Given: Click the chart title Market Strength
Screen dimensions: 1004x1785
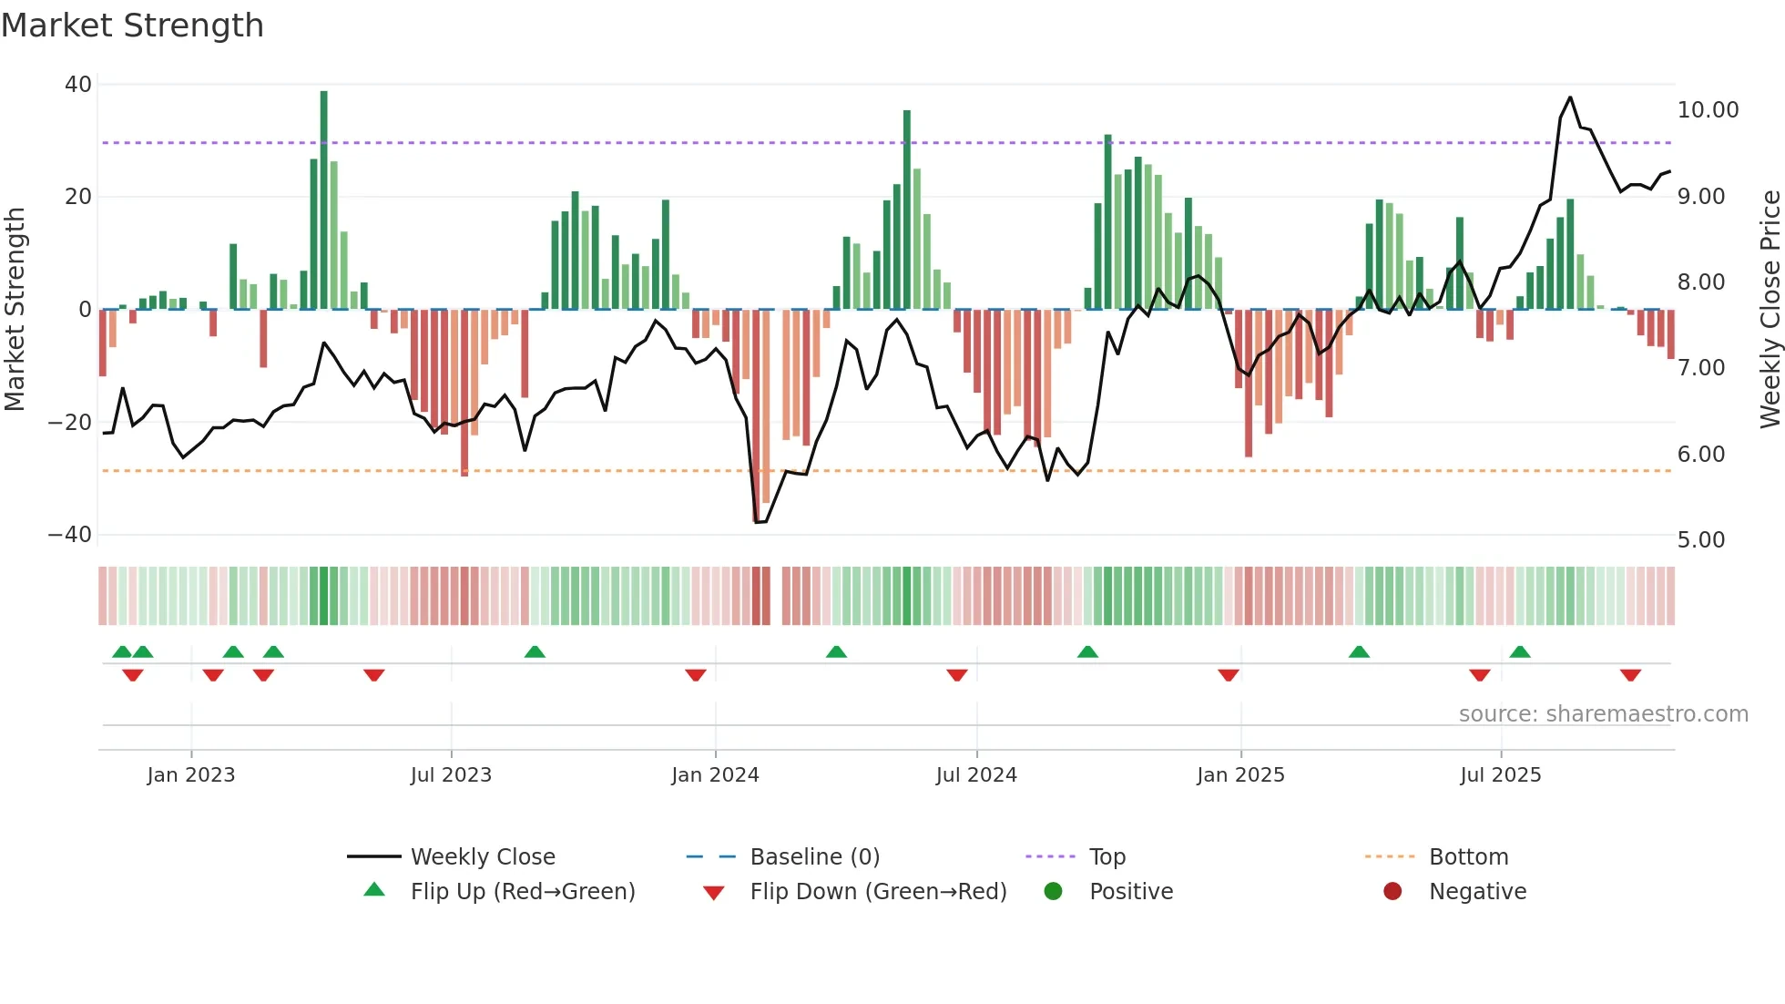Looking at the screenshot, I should (132, 26).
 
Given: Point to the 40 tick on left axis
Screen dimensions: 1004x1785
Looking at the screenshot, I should (78, 85).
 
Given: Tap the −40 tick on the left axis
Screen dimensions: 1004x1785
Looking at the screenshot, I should (70, 535).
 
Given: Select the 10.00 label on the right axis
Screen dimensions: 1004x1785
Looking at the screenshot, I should (1708, 110).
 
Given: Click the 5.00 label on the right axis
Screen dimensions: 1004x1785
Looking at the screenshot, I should (1701, 540).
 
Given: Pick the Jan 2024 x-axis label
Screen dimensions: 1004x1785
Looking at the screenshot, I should (715, 775).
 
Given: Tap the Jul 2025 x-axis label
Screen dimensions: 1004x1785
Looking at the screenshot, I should (1500, 775).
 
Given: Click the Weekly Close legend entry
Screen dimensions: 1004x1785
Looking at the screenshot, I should (482, 857).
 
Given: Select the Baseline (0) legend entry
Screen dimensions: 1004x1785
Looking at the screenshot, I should (814, 857).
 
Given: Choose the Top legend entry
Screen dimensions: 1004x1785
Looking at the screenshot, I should (1107, 857).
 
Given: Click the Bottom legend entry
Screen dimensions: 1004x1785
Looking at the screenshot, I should (1468, 857).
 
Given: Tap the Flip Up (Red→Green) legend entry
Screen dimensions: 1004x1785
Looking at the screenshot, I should (522, 892).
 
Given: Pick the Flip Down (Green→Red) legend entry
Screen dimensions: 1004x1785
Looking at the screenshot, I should (878, 892).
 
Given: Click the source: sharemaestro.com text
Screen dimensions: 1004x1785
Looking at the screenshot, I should (1603, 714).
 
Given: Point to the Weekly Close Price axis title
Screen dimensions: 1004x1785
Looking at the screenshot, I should (1770, 310).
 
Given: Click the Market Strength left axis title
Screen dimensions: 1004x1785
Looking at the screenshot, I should (15, 310).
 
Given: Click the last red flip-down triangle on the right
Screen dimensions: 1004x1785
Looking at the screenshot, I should (1630, 675).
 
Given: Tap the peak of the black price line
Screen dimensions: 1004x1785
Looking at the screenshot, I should (1570, 97).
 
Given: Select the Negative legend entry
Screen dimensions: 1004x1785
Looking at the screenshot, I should (1476, 892).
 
